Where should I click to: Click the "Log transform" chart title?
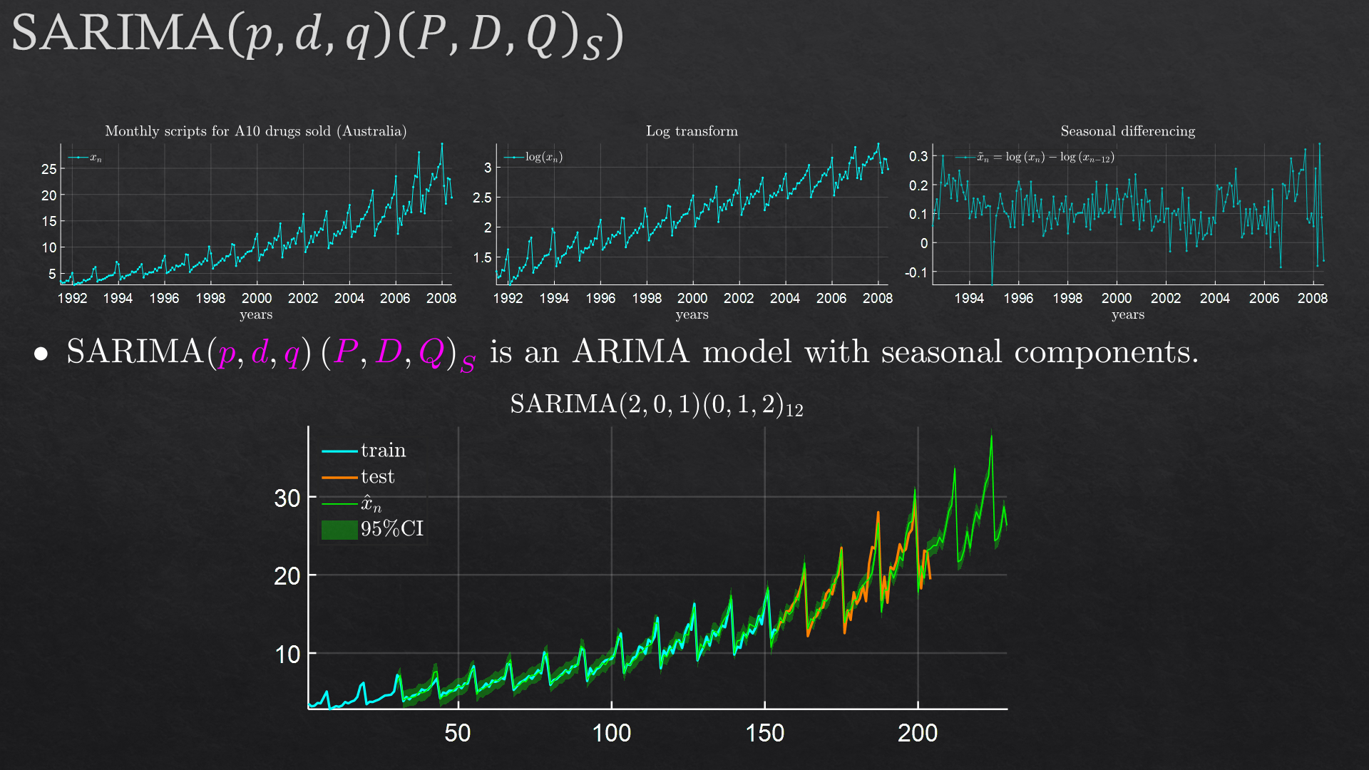point(692,131)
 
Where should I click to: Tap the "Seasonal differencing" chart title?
point(1127,131)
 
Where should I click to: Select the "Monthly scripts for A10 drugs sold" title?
point(255,131)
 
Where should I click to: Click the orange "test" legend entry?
point(376,477)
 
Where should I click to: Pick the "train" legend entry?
point(382,451)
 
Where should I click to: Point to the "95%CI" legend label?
point(391,529)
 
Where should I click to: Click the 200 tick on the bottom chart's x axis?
point(917,733)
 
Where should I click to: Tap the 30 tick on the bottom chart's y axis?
point(287,498)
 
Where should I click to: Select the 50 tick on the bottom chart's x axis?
point(457,733)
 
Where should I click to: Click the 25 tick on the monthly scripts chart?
point(48,169)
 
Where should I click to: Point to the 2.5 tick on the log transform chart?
point(482,197)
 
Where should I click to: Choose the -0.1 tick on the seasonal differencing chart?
point(916,272)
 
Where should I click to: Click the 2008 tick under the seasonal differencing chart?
point(1312,298)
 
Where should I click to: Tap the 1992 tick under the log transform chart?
point(508,298)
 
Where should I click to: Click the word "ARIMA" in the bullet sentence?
point(631,352)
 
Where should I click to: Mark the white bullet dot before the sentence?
point(41,354)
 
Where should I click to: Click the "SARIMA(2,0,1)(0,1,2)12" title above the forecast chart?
point(656,405)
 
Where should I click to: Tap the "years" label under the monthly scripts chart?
point(256,315)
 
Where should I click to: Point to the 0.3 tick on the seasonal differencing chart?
point(918,156)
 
